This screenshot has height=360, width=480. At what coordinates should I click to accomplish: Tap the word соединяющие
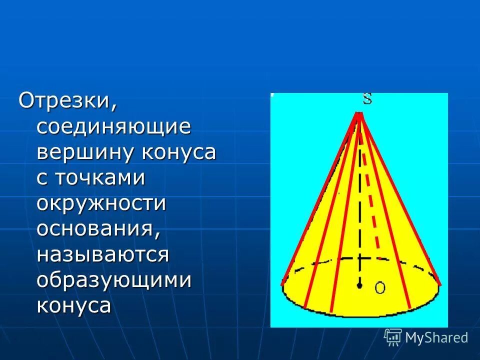[x=114, y=127]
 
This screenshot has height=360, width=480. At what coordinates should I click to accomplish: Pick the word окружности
[x=101, y=204]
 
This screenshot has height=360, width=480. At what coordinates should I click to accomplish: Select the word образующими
[x=114, y=280]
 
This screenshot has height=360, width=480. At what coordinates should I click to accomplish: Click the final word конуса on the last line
[x=73, y=305]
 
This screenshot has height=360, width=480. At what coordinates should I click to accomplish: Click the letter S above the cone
[x=367, y=98]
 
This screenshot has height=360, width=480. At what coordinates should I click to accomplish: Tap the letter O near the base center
[x=380, y=287]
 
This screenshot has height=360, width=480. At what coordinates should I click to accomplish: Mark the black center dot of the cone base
[x=359, y=285]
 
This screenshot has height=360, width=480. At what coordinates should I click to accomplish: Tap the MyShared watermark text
[x=436, y=337]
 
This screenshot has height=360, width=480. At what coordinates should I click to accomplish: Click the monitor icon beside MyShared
[x=393, y=337]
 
